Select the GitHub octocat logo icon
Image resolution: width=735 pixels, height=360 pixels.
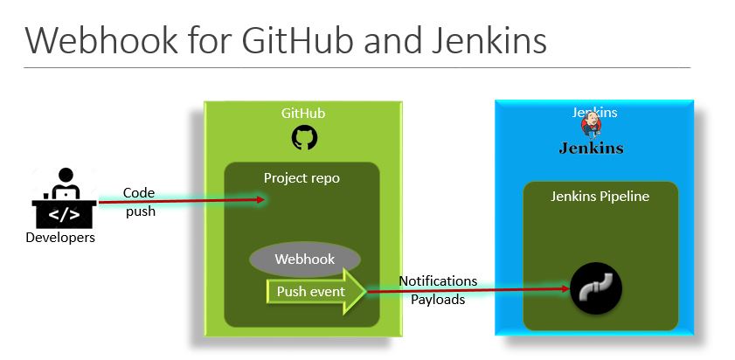tap(304, 138)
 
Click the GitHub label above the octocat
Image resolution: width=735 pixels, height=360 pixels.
tap(303, 114)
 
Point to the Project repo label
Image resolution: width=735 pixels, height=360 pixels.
tap(302, 178)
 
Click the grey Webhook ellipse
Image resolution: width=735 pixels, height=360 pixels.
tap(304, 260)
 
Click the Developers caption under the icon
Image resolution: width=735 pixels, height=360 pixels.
tap(60, 237)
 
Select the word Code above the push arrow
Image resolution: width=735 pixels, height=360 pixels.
tap(139, 193)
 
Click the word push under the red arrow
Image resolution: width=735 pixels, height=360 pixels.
tap(140, 211)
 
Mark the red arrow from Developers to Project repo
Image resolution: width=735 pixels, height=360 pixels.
tap(181, 201)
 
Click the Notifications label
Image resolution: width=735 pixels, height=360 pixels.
tap(438, 280)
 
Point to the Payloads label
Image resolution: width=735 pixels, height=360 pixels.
tap(438, 299)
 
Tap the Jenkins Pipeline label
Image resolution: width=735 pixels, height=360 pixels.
tap(600, 197)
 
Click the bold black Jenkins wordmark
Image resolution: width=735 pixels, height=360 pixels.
tap(592, 148)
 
